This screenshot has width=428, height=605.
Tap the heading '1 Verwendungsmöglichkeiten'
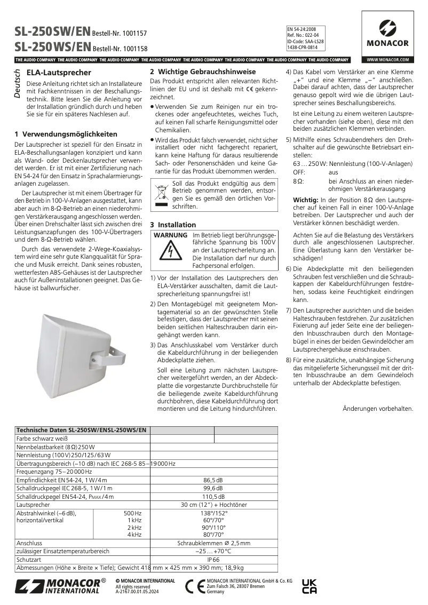coord(66,134)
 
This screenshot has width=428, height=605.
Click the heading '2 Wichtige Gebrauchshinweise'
coord(195,71)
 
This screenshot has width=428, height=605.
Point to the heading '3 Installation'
coord(173,225)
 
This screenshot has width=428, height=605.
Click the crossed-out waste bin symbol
coord(160,195)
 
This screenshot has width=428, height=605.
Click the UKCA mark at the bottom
coord(310,586)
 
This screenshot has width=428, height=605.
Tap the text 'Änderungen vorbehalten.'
coord(377,409)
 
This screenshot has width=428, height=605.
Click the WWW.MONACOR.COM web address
coord(387,59)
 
